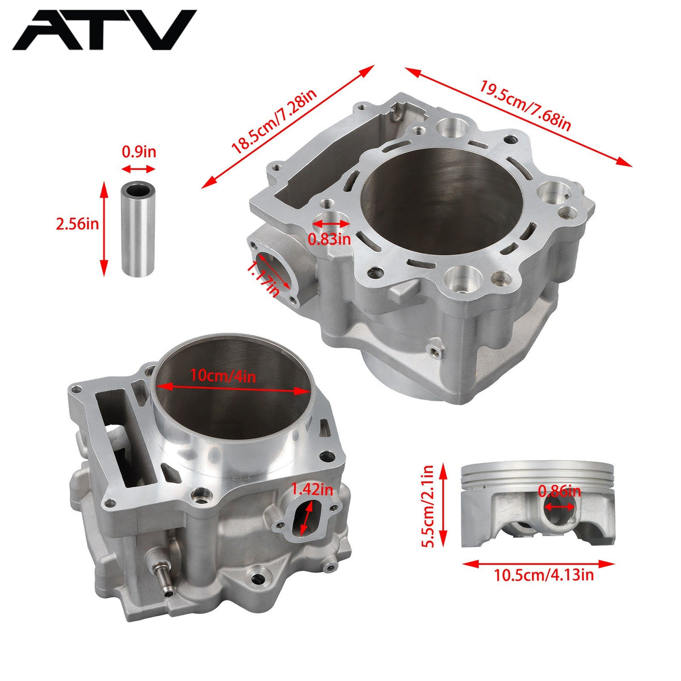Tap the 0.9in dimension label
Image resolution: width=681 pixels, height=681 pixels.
139,152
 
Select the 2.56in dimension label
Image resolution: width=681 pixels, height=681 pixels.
77,224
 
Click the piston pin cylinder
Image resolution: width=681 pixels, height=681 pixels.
138,229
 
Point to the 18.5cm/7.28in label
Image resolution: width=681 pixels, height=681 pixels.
274,121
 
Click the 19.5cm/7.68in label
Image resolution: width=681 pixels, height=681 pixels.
525,106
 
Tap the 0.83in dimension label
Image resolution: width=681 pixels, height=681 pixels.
329,239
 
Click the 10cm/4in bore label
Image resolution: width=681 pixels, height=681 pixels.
223,376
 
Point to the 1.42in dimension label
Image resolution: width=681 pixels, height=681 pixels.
312,490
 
